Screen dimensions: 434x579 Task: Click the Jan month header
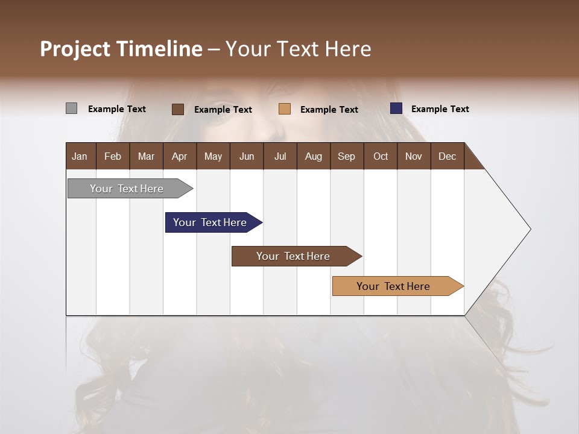click(x=80, y=156)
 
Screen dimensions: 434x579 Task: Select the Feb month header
click(x=113, y=156)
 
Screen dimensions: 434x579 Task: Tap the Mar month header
click(x=146, y=156)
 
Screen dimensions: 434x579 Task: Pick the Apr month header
click(x=179, y=156)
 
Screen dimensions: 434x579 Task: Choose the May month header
click(x=213, y=156)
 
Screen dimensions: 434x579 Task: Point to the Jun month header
click(x=247, y=156)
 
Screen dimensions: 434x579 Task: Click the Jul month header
click(x=280, y=156)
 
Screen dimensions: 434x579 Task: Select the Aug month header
click(x=313, y=156)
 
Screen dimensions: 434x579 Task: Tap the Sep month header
click(x=346, y=156)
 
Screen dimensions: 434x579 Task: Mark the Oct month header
click(x=381, y=156)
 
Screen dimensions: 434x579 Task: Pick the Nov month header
click(x=414, y=156)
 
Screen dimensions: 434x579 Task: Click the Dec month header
click(x=447, y=156)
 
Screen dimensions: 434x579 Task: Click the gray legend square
click(x=71, y=108)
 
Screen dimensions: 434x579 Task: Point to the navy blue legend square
click(x=396, y=108)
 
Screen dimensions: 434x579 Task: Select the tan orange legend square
click(x=285, y=109)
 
